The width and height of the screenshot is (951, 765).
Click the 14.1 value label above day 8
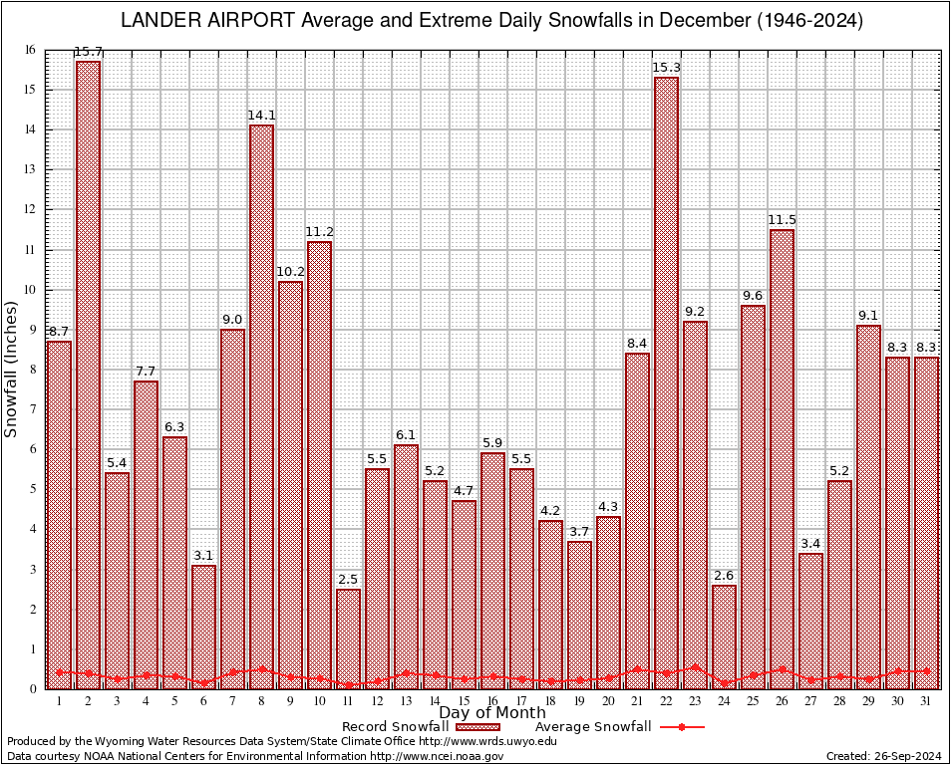(x=261, y=116)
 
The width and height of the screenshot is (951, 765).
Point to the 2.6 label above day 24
(x=724, y=576)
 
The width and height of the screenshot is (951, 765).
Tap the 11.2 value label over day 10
(x=319, y=232)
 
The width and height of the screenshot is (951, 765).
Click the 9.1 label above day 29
(x=868, y=316)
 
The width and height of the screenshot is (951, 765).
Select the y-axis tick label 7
(x=33, y=409)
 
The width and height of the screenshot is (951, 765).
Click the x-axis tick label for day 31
(x=926, y=701)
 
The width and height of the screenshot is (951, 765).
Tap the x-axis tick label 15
(x=464, y=701)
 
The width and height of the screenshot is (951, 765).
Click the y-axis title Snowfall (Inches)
(x=12, y=369)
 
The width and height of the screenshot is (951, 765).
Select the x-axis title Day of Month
(x=491, y=713)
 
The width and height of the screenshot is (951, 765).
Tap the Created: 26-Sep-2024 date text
(x=884, y=757)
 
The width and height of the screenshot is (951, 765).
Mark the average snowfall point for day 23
(x=695, y=667)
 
